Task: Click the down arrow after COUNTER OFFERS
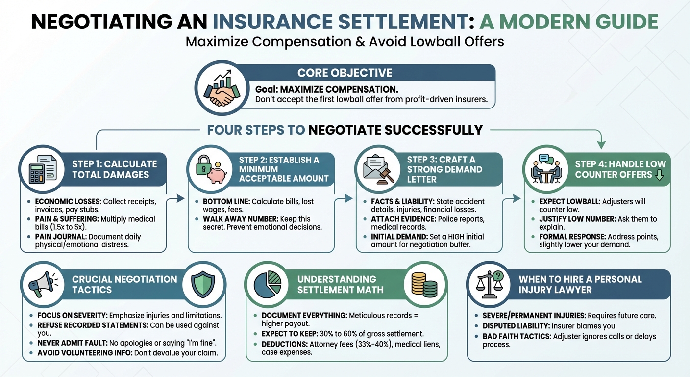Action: pyautogui.click(x=659, y=175)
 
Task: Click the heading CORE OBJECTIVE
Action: pyautogui.click(x=345, y=73)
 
